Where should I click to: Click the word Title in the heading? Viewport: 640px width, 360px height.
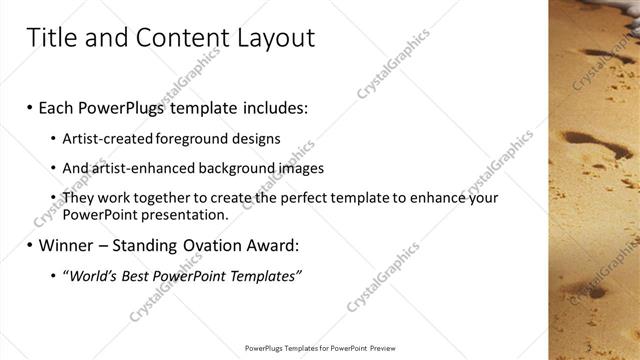click(x=49, y=38)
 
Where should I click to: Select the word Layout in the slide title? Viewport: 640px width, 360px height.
click(x=274, y=39)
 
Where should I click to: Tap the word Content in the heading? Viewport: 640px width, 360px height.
click(x=178, y=38)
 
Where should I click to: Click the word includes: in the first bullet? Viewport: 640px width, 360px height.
click(x=272, y=107)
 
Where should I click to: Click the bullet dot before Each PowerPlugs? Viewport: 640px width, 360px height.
click(x=30, y=107)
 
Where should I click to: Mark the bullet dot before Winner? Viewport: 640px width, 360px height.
click(x=30, y=245)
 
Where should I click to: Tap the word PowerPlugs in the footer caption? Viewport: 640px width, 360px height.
click(x=265, y=348)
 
